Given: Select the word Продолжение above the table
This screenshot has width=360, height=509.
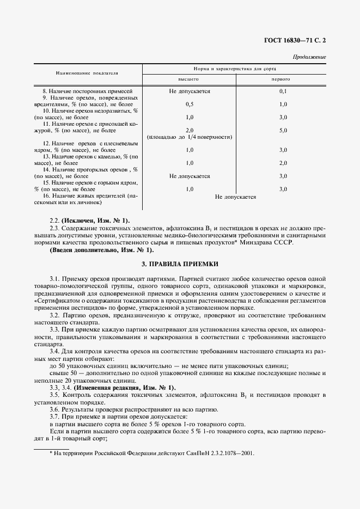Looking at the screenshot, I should click(309, 57).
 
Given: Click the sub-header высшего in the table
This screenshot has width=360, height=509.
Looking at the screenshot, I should click(189, 79).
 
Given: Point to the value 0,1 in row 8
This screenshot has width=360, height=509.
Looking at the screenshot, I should click(283, 91).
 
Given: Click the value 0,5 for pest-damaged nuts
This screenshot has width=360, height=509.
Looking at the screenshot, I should click(189, 104).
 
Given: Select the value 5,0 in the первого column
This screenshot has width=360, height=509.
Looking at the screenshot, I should click(283, 131).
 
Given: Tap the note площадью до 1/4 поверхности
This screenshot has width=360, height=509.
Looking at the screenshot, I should click(189, 137).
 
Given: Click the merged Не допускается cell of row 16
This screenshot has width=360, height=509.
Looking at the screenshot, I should click(235, 197).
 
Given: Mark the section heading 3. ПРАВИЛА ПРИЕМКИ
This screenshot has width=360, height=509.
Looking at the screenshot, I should click(180, 264).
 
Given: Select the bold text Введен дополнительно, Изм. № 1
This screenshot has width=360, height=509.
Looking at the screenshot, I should click(102, 250).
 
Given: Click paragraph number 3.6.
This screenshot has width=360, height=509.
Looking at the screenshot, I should click(55, 409).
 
